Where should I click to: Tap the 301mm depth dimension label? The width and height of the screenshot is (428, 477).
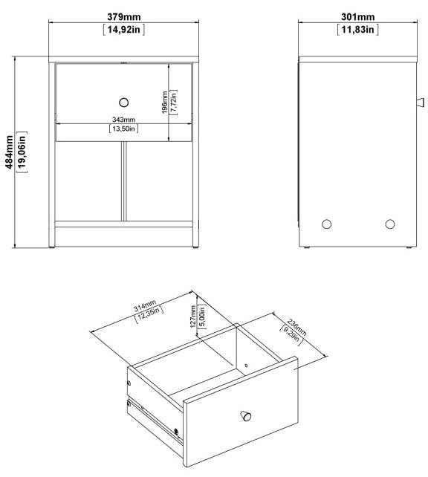(x=358, y=17)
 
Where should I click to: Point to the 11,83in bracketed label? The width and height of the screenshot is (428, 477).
(x=358, y=30)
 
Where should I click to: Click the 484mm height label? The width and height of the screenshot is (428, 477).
(x=9, y=152)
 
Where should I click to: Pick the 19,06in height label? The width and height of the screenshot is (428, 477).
(x=23, y=152)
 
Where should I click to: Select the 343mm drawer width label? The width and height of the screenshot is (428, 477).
(x=124, y=119)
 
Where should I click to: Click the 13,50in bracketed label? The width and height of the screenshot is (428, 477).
(x=124, y=129)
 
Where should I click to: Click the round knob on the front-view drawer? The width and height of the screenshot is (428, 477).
(x=123, y=101)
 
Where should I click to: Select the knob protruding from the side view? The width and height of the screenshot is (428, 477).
(x=418, y=101)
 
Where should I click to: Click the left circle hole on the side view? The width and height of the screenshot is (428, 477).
(x=325, y=223)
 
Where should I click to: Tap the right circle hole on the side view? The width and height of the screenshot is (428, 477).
(x=390, y=223)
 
